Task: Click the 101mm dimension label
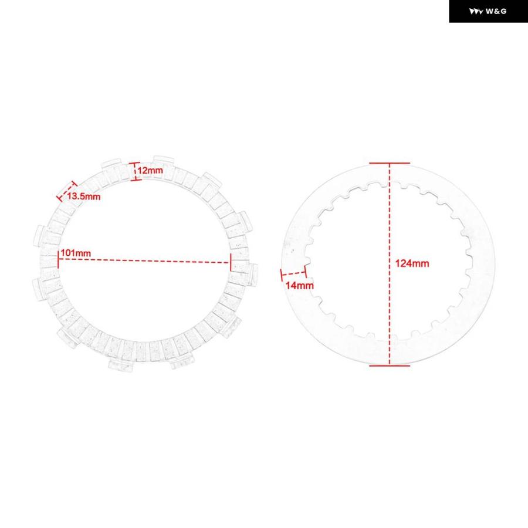(76, 253)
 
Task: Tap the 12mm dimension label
(150, 170)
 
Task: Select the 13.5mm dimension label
(83, 197)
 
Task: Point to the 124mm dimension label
(412, 263)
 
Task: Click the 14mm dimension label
(300, 286)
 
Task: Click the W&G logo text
(496, 12)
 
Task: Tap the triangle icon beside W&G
(476, 12)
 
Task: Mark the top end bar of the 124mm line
(390, 163)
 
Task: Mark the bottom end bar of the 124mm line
(390, 365)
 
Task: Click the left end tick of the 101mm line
(58, 259)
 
